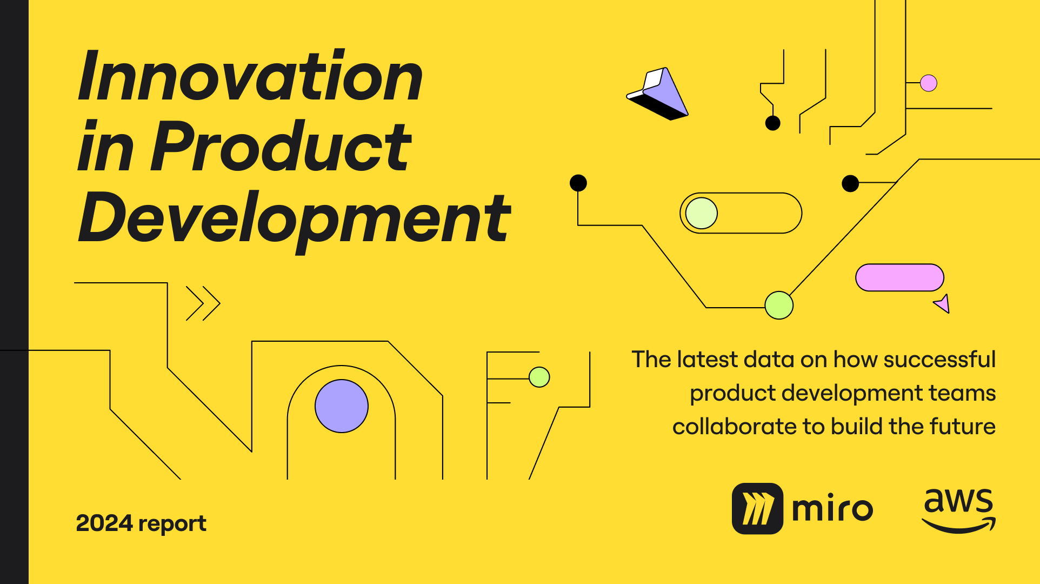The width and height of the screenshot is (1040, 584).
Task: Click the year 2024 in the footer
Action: pos(104,523)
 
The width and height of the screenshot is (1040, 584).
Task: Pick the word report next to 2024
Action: pos(172,524)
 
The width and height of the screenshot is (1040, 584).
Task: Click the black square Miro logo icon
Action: pos(757,508)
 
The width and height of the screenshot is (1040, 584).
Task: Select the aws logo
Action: pos(959,510)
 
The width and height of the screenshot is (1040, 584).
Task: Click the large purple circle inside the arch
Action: pos(342,406)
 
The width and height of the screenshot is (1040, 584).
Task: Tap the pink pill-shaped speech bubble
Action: pos(899,277)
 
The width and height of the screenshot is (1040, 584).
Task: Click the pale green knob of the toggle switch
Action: pos(702,213)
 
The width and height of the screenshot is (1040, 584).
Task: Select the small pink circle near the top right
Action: pos(929,83)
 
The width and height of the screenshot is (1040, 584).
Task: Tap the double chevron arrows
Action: pos(203,303)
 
